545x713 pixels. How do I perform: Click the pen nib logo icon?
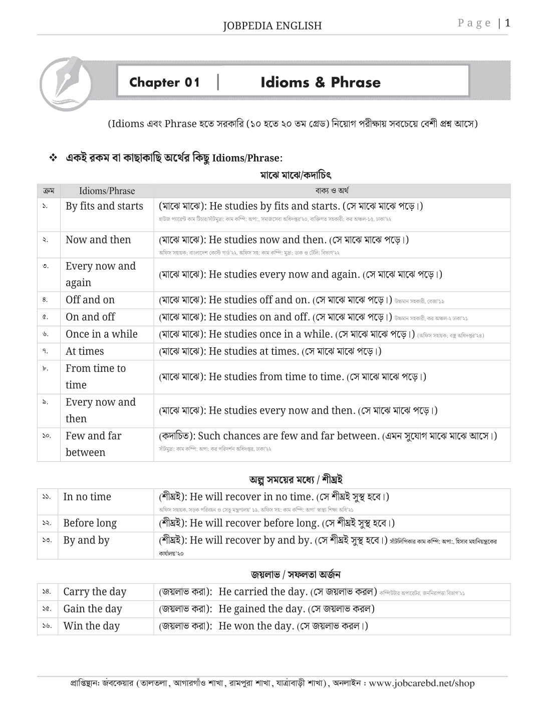pyautogui.click(x=66, y=83)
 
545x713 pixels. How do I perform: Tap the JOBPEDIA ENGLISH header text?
pyautogui.click(x=272, y=26)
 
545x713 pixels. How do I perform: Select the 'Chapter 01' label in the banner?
pyautogui.click(x=164, y=83)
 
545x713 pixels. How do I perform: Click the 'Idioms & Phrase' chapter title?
pyautogui.click(x=321, y=83)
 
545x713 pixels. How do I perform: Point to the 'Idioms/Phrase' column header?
pyautogui.click(x=107, y=191)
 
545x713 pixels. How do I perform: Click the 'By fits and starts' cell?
pyautogui.click(x=104, y=206)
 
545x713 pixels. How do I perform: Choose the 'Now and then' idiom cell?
pyautogui.click(x=98, y=240)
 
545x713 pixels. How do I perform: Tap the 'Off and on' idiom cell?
pyautogui.click(x=90, y=300)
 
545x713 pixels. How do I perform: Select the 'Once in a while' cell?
pyautogui.click(x=102, y=334)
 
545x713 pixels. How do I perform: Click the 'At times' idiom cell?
pyautogui.click(x=85, y=351)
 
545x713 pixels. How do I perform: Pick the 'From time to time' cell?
pyautogui.click(x=96, y=376)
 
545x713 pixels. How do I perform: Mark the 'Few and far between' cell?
pyautogui.click(x=93, y=444)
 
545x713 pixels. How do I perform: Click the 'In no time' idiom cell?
pyautogui.click(x=87, y=497)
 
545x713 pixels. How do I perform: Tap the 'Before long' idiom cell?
pyautogui.click(x=90, y=523)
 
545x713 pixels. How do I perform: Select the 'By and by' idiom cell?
pyautogui.click(x=86, y=540)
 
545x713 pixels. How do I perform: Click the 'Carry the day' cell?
pyautogui.click(x=95, y=592)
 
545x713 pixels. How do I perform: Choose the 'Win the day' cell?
pyautogui.click(x=92, y=626)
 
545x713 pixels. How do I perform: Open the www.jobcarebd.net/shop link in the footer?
pyautogui.click(x=421, y=683)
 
